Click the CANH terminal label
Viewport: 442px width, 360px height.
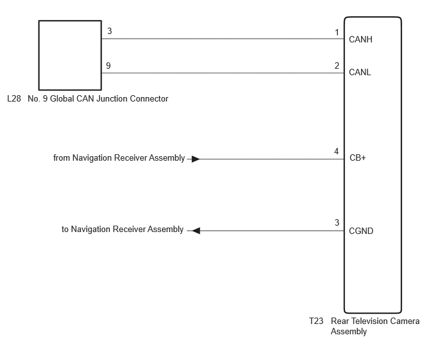tap(360, 39)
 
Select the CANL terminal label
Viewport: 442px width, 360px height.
tap(360, 72)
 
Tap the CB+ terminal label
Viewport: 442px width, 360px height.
tap(357, 157)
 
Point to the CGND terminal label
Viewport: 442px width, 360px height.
tap(361, 231)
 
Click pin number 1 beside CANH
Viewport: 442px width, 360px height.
tap(337, 32)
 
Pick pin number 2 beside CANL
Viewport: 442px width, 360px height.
tap(337, 66)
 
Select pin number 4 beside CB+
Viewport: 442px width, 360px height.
tap(336, 152)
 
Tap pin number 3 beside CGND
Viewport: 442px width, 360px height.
tap(337, 222)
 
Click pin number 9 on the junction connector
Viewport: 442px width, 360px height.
tap(108, 66)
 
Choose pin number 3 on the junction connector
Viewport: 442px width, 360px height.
tap(110, 31)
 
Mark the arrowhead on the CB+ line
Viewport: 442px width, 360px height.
tap(196, 159)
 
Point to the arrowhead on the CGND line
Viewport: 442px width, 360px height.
tap(196, 231)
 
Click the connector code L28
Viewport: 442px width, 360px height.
tap(14, 98)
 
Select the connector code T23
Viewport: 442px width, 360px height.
tap(316, 321)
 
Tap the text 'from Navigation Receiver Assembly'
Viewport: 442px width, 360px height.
tap(119, 157)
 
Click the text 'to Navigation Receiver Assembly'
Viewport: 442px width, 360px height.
tap(123, 229)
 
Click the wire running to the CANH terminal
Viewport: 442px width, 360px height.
tap(223, 39)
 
